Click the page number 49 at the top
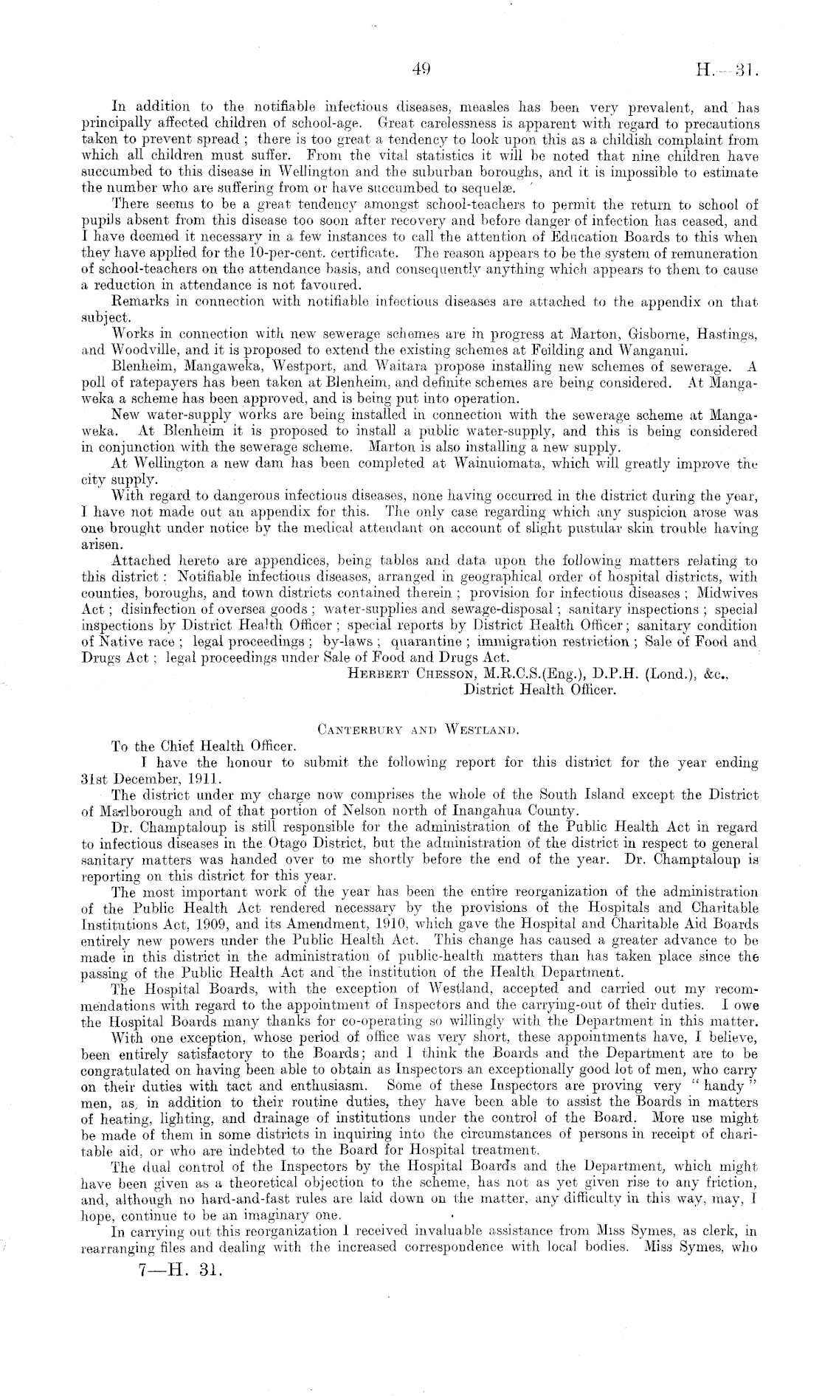422,71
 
